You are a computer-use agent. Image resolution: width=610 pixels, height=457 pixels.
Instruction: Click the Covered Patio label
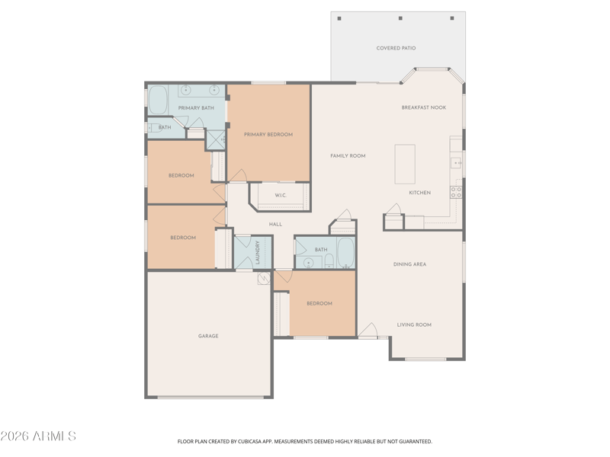pyautogui.click(x=396, y=48)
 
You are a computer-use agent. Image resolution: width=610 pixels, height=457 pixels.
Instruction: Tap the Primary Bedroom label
pyautogui.click(x=268, y=135)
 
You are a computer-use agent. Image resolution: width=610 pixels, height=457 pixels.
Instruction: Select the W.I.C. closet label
pyautogui.click(x=281, y=195)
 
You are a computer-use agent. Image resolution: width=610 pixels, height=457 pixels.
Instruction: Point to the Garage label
pyautogui.click(x=208, y=336)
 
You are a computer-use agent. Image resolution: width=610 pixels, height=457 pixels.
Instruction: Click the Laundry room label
pyautogui.click(x=257, y=252)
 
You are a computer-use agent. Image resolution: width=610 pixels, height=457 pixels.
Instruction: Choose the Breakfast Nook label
pyautogui.click(x=424, y=107)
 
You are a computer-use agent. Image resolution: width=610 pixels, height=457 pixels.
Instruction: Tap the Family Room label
pyautogui.click(x=348, y=156)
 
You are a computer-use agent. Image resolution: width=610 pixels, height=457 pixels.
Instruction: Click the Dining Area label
pyautogui.click(x=409, y=264)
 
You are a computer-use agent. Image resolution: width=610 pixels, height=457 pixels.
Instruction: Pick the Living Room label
pyautogui.click(x=414, y=325)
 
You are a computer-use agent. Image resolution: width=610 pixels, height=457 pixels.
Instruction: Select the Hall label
pyautogui.click(x=275, y=224)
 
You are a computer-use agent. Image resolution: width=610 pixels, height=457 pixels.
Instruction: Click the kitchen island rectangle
pyautogui.click(x=405, y=164)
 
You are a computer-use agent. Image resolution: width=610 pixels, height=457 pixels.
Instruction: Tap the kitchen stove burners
pyautogui.click(x=456, y=193)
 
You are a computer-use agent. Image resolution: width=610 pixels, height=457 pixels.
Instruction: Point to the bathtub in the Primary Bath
pyautogui.click(x=158, y=100)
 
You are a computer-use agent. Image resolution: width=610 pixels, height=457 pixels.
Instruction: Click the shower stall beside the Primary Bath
pyautogui.click(x=216, y=140)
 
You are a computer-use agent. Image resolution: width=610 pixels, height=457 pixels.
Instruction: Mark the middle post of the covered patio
pyautogui.click(x=400, y=18)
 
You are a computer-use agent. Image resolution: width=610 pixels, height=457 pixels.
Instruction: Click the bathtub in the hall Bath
pyautogui.click(x=345, y=253)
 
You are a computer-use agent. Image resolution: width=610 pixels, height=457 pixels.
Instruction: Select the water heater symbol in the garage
pyautogui.click(x=264, y=278)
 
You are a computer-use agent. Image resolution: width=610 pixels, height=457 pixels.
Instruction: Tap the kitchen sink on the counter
pyautogui.click(x=456, y=162)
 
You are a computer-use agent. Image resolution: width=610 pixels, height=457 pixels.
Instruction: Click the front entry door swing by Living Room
pyautogui.click(x=368, y=330)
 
